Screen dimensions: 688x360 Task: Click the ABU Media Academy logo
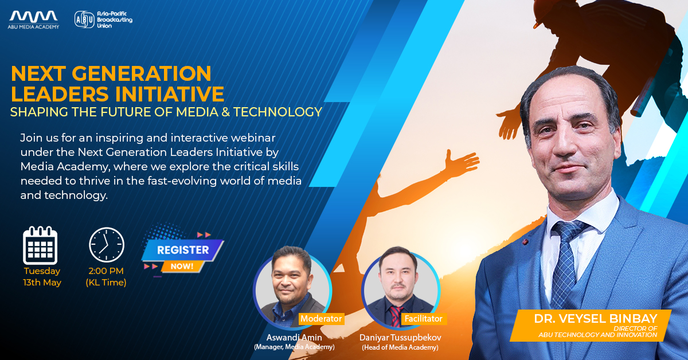click(33, 19)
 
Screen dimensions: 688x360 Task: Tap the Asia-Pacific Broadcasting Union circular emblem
click(84, 19)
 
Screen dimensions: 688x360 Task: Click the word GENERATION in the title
click(142, 74)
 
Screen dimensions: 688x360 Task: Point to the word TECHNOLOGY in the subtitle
click(277, 112)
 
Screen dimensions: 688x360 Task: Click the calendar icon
click(40, 245)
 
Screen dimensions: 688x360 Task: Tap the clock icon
click(107, 245)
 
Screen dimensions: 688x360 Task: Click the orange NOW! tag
click(182, 266)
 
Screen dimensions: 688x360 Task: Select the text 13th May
click(42, 282)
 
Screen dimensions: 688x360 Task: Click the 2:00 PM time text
click(106, 271)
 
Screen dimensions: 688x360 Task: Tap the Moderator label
click(321, 319)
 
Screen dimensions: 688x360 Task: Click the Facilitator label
click(423, 319)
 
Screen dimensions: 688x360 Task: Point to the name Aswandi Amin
click(294, 337)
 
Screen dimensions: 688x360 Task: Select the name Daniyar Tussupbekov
click(400, 337)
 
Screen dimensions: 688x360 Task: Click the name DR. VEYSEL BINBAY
click(596, 319)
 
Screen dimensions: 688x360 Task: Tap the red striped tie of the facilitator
click(396, 316)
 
